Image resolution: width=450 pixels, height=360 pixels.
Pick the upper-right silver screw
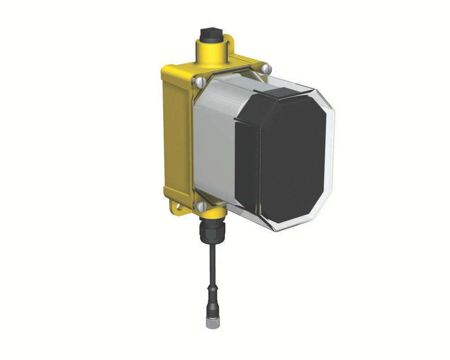coord(267,69)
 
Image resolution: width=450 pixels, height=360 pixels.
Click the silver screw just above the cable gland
coord(201,206)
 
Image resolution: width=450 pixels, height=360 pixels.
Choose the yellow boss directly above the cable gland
coord(212,213)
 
